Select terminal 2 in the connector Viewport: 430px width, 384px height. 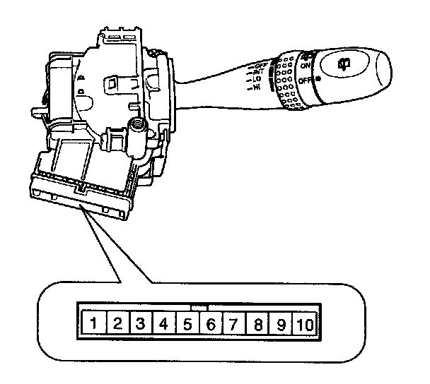(x=118, y=325)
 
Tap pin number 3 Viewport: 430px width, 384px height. (x=141, y=325)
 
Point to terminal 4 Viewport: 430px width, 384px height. (x=164, y=325)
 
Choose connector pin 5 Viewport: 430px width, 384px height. (x=187, y=325)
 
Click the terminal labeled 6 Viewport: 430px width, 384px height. (x=211, y=325)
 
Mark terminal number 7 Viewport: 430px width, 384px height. (x=233, y=325)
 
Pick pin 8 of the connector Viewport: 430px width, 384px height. (x=257, y=325)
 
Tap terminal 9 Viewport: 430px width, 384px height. (x=281, y=325)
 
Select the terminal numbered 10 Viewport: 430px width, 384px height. (x=305, y=325)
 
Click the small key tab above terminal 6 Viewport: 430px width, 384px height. (x=200, y=308)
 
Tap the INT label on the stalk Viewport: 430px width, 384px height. (x=258, y=71)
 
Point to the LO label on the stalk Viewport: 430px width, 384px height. (x=256, y=79)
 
